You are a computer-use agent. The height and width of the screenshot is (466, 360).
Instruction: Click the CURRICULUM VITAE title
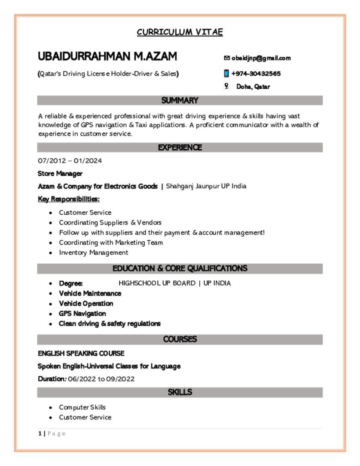(180, 32)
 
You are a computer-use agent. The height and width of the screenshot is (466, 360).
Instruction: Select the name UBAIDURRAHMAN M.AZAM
(107, 56)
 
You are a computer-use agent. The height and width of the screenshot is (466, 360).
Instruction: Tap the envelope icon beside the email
(227, 58)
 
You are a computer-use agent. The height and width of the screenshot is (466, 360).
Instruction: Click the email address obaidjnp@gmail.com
(261, 58)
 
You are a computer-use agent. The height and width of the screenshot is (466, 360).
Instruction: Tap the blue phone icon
(226, 74)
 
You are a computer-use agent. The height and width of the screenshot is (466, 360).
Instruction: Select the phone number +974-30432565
(256, 74)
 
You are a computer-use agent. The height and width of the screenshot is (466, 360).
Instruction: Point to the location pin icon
(226, 86)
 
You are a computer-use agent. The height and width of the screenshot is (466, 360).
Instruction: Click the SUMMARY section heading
(180, 101)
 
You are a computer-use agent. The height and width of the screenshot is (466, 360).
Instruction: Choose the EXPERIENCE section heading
(180, 147)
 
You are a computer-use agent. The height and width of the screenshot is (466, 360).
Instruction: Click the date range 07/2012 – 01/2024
(70, 161)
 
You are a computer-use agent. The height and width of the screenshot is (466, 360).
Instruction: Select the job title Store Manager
(60, 173)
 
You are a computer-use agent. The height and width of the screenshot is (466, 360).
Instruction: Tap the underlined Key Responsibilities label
(69, 199)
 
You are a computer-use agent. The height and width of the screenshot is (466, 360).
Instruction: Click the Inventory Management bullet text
(93, 253)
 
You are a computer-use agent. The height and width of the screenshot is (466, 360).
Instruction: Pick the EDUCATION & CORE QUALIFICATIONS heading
(180, 268)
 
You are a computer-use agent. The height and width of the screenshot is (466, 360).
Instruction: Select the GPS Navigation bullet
(82, 314)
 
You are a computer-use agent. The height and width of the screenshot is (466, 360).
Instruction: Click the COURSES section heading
(180, 339)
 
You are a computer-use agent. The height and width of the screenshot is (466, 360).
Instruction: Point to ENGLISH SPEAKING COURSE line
(81, 354)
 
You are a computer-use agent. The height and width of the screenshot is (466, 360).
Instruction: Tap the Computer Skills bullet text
(82, 407)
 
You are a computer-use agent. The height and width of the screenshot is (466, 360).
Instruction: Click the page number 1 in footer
(40, 434)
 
